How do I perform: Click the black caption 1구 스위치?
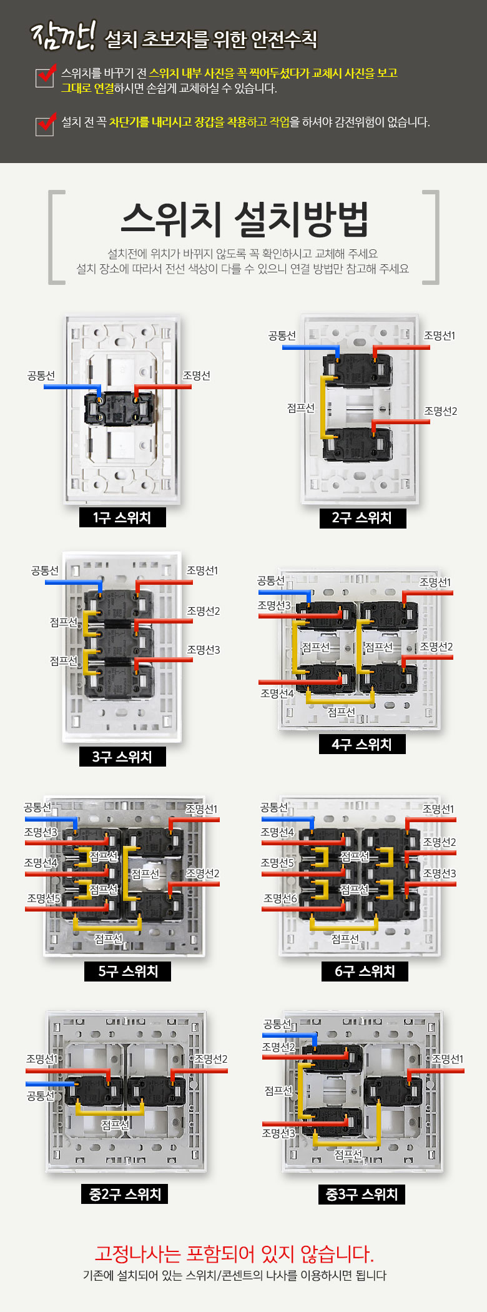pos(122,518)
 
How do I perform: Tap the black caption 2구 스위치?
pos(362,518)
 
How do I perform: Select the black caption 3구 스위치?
pos(122,757)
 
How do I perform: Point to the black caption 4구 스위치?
pos(362,744)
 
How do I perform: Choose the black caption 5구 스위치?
pos(128,971)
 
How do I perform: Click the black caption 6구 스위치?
pos(365,971)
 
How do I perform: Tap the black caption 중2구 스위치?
pos(125,1194)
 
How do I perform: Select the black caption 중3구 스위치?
pos(362,1194)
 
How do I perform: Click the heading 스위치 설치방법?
pos(244,219)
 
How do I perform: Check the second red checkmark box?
pos(45,124)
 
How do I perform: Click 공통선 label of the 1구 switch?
pos(41,375)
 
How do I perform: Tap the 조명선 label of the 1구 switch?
pos(196,375)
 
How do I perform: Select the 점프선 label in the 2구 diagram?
pos(301,408)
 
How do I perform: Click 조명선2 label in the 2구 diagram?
pos(441,411)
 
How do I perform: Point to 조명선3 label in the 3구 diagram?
pos(204,650)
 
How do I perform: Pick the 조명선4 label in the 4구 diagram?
pos(277,693)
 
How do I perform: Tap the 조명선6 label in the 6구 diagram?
pos(280,898)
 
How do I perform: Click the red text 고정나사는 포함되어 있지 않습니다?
pos(234,1254)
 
